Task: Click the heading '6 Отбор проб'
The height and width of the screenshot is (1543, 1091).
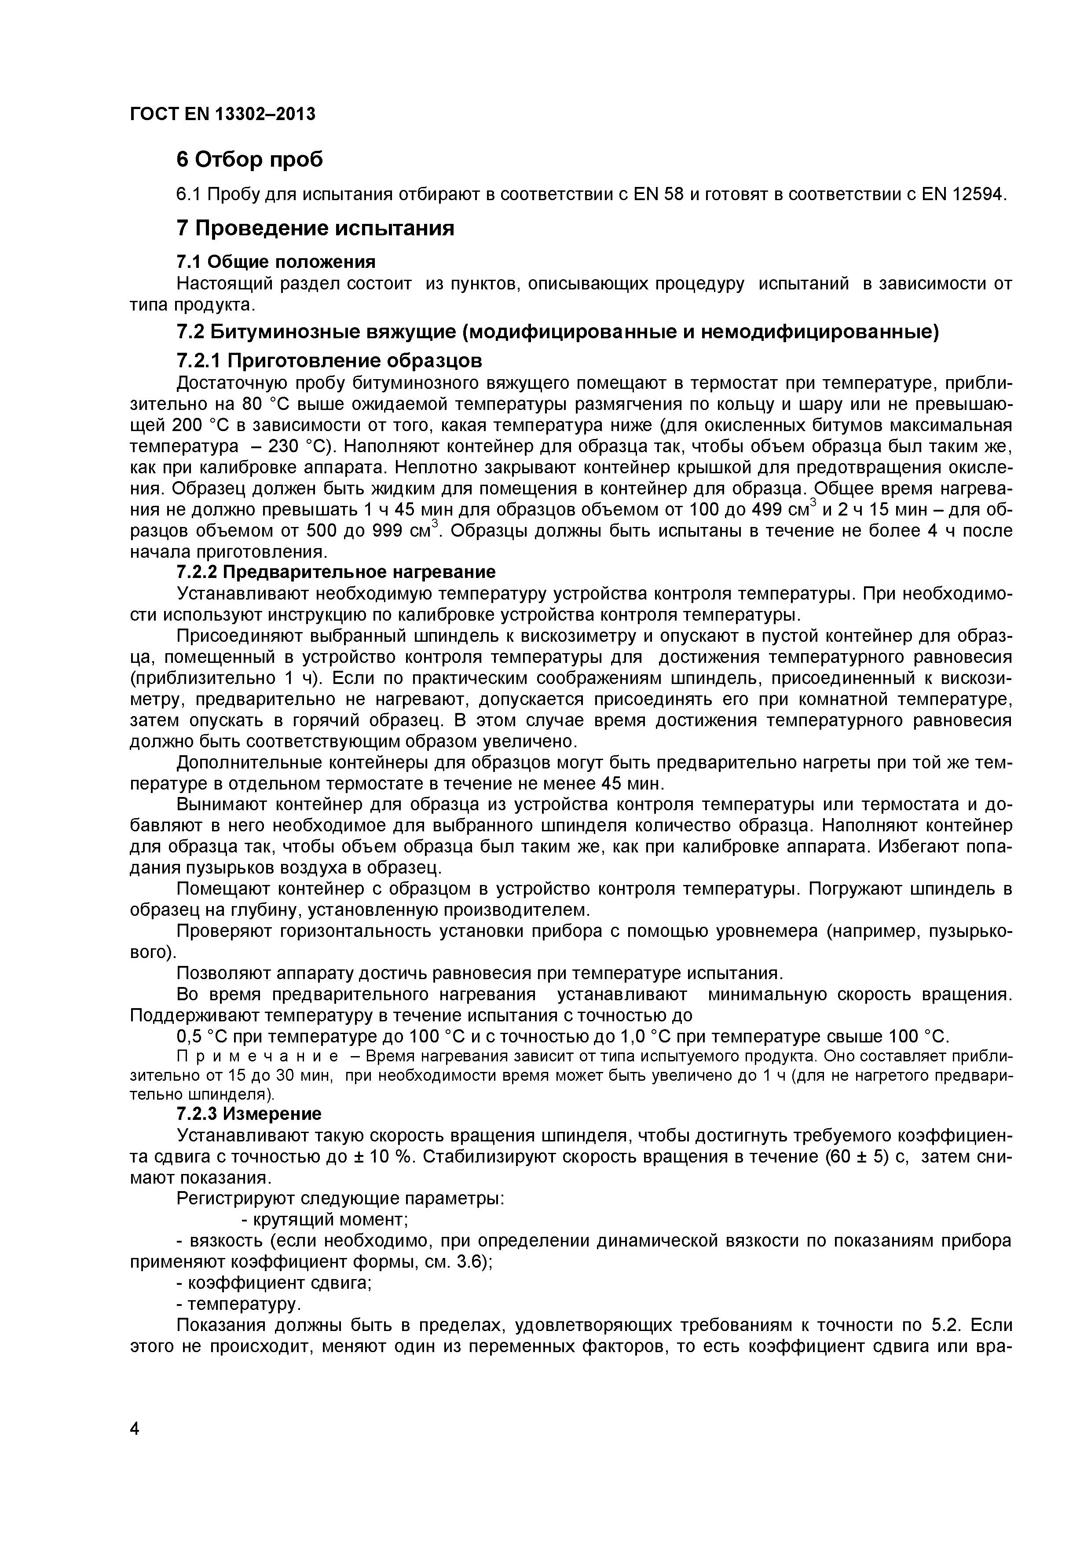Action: click(x=249, y=160)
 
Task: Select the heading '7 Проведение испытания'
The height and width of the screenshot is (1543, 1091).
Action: click(x=315, y=228)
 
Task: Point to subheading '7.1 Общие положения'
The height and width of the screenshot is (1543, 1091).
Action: click(x=275, y=261)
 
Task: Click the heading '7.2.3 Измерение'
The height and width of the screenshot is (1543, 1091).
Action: click(x=249, y=1114)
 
